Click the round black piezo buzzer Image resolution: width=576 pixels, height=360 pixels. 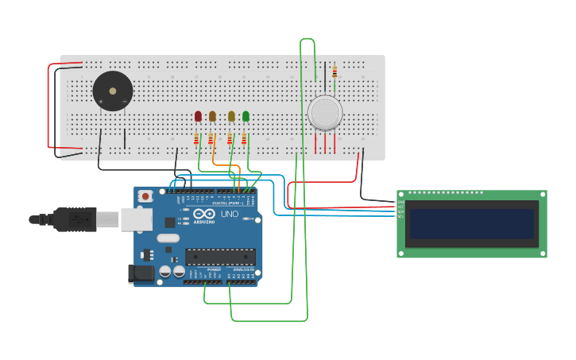[112, 91]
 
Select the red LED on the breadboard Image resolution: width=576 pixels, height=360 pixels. [198, 116]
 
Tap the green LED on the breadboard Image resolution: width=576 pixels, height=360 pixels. [245, 116]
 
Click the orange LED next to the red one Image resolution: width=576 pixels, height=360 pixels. [212, 116]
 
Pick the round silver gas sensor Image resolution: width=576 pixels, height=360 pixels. [325, 113]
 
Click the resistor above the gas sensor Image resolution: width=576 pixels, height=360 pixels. [334, 72]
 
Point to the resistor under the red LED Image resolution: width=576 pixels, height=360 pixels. [196, 140]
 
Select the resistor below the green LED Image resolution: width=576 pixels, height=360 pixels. [244, 140]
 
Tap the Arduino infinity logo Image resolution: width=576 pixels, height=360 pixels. [204, 214]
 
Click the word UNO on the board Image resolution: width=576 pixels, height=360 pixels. [229, 214]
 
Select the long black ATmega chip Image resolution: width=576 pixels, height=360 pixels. [220, 257]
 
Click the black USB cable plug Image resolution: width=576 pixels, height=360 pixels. [75, 219]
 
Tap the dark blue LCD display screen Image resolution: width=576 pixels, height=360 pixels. [470, 224]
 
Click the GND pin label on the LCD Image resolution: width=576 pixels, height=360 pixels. [400, 203]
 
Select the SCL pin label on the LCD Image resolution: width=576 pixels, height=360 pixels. [400, 217]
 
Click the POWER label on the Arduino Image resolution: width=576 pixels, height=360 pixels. [215, 269]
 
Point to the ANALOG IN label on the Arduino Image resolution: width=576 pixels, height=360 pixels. [242, 269]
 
